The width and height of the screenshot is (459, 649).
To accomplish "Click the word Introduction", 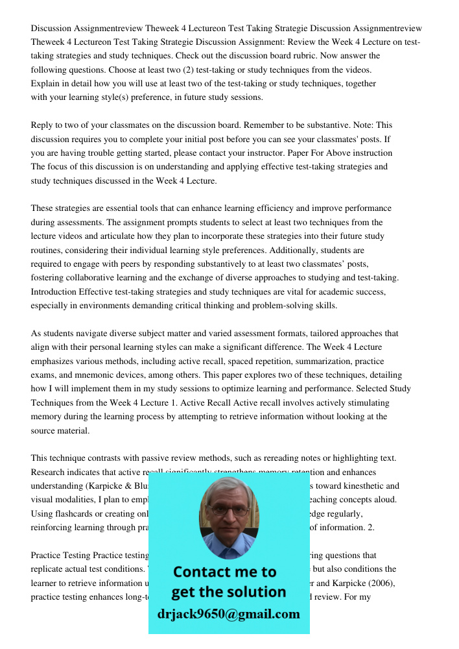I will [55, 291].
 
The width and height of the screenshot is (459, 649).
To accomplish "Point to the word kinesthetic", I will [375, 485].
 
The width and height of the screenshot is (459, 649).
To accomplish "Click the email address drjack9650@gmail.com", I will [229, 614].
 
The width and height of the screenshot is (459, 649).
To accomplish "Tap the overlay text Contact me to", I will [225, 572].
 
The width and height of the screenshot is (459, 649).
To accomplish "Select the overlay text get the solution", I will [229, 592].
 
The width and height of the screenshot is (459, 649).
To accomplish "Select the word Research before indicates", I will [49, 472].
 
